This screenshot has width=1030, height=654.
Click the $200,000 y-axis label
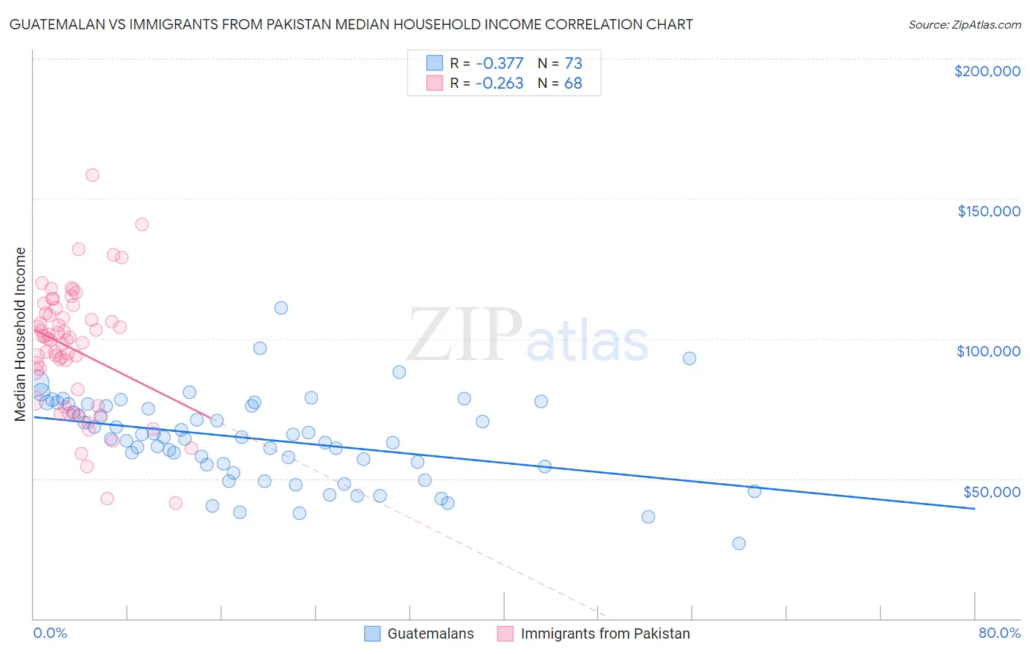point(987,71)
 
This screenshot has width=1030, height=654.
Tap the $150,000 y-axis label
point(988,211)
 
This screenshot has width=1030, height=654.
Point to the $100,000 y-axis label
point(988,351)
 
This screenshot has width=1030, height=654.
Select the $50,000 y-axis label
point(991,491)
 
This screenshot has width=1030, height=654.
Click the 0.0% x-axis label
point(50,633)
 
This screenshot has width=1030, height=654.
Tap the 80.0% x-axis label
point(999,633)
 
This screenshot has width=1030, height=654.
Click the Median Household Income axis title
point(21,334)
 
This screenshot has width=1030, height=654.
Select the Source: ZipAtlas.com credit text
point(964,24)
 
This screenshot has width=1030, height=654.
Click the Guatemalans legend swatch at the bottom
point(372,633)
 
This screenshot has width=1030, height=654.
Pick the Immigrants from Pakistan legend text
point(605,633)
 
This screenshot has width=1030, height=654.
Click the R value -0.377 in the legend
point(500,63)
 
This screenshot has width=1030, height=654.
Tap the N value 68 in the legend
point(573,84)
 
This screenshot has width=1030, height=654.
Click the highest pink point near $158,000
point(92,175)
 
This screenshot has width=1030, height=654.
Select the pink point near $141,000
point(142,224)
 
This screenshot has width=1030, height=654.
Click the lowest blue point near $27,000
point(738,543)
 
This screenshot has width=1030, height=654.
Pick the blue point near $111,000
point(281,308)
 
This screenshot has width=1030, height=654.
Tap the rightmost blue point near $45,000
point(754,491)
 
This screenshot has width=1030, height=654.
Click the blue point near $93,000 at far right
point(689,359)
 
